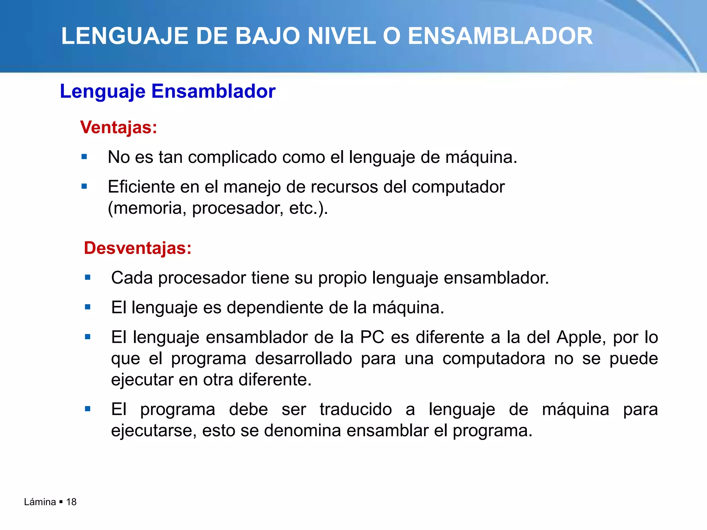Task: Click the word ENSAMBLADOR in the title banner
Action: click(500, 36)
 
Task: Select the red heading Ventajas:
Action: click(119, 127)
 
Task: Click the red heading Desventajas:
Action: click(138, 248)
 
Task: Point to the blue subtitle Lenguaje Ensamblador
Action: click(168, 91)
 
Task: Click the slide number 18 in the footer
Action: click(71, 502)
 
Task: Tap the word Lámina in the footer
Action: click(40, 502)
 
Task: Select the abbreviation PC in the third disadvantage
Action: click(372, 337)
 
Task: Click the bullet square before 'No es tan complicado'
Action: click(84, 157)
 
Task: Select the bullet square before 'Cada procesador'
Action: click(88, 277)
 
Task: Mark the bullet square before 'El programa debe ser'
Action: click(88, 409)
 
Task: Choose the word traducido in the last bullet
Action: click(356, 410)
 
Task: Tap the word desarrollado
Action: click(303, 359)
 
